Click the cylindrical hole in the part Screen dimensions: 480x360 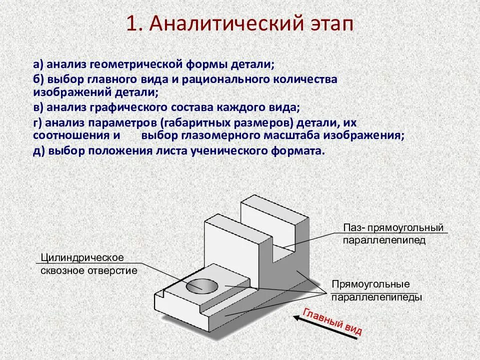[x=202, y=286]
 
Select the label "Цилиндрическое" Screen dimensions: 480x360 [x=82, y=257]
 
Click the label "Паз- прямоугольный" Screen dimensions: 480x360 [x=393, y=228]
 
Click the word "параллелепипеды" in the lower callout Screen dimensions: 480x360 [x=376, y=297]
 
